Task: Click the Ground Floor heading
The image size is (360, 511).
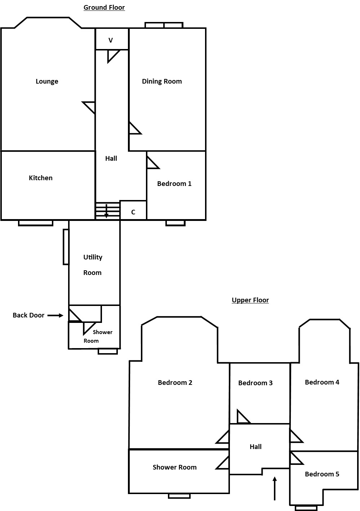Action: (104, 7)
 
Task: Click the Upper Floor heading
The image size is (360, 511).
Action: (250, 300)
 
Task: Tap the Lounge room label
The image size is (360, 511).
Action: (47, 81)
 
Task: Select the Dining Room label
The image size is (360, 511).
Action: (162, 81)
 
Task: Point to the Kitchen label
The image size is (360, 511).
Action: (41, 178)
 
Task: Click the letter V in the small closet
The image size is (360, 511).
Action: (111, 40)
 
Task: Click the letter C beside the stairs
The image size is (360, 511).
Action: (133, 212)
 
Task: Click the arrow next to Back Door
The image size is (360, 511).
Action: (55, 315)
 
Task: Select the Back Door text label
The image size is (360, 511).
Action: (28, 315)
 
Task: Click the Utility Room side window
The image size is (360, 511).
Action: (66, 247)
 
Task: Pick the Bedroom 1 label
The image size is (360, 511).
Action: (174, 184)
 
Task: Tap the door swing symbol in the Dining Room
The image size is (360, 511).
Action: (134, 129)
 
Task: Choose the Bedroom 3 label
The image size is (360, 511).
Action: (255, 383)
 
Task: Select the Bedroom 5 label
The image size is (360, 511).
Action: (322, 474)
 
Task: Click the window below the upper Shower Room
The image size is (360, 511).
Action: (179, 496)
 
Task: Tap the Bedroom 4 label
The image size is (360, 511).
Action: (322, 382)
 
